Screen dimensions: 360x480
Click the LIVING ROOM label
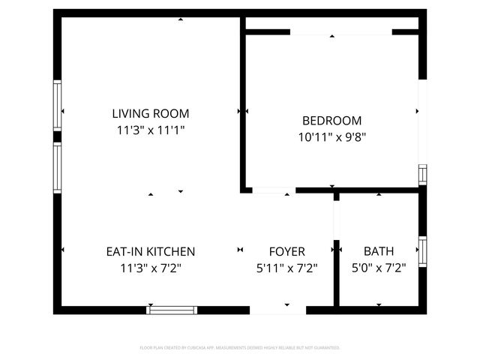coord(150,114)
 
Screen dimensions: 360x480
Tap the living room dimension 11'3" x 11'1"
coord(150,130)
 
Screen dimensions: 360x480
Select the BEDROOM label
coord(331,120)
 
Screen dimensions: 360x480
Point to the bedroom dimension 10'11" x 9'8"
coord(331,136)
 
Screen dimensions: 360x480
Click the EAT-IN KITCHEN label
coord(150,251)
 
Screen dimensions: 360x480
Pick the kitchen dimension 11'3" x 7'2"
coord(150,267)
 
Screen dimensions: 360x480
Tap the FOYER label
coord(287,251)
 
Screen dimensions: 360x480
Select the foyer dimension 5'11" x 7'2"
coord(287,267)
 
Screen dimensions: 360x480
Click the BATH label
coord(379,251)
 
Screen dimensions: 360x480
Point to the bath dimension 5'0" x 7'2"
coord(379,267)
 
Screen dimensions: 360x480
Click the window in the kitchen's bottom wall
coord(172,310)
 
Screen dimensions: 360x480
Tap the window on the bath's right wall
coord(422,251)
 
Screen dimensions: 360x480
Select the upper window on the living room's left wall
coord(57,106)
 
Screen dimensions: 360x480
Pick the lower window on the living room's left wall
coord(57,168)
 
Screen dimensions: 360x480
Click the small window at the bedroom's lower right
coord(422,175)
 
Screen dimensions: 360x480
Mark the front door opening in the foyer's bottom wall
coord(278,310)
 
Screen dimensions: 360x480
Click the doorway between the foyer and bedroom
coord(273,191)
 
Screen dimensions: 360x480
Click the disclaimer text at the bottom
coord(240,348)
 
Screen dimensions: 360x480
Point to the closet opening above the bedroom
coord(340,32)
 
